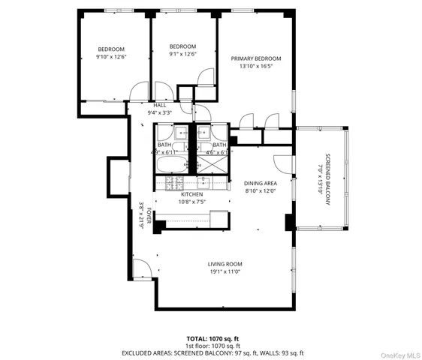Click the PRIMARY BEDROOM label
click(256, 58)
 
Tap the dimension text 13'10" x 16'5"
click(256, 66)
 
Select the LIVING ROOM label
click(225, 264)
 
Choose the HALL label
click(159, 105)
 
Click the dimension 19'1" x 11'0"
click(225, 271)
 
